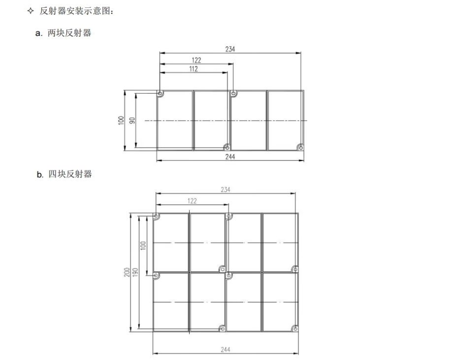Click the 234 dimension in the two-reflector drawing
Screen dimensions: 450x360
click(x=230, y=49)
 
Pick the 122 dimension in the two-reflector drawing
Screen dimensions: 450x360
click(x=196, y=60)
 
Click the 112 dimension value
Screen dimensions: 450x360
click(x=193, y=69)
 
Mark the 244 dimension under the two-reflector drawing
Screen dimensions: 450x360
click(x=230, y=157)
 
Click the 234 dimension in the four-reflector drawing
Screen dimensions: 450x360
click(x=225, y=190)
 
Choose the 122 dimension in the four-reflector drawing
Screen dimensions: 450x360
click(x=192, y=200)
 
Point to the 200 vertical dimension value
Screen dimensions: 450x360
click(x=127, y=272)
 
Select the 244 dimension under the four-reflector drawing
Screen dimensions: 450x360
click(x=225, y=349)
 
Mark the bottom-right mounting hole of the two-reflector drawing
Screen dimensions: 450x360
click(x=300, y=147)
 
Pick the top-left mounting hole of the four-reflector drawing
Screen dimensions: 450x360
click(x=157, y=216)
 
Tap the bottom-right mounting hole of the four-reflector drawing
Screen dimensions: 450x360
click(x=295, y=328)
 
